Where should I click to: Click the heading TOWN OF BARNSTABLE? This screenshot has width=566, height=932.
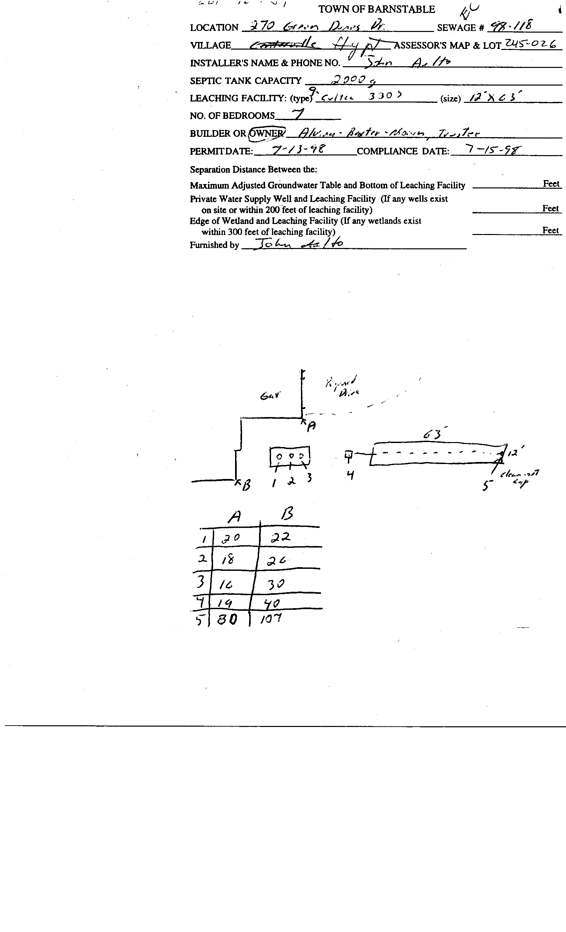coord(377,9)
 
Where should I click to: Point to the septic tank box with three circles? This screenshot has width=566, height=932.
coord(290,457)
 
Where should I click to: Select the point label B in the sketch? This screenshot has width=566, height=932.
coord(246,485)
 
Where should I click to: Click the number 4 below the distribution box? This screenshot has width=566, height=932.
coord(350,475)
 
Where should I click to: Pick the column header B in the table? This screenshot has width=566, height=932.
coord(287,514)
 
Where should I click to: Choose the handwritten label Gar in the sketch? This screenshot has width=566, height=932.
coord(270,396)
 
